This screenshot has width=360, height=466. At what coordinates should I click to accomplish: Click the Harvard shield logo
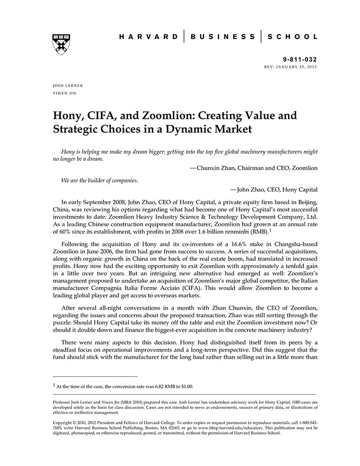61,44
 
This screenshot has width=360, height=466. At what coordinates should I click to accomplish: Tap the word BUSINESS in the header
223,37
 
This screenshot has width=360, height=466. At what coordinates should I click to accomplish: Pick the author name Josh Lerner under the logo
68,85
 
